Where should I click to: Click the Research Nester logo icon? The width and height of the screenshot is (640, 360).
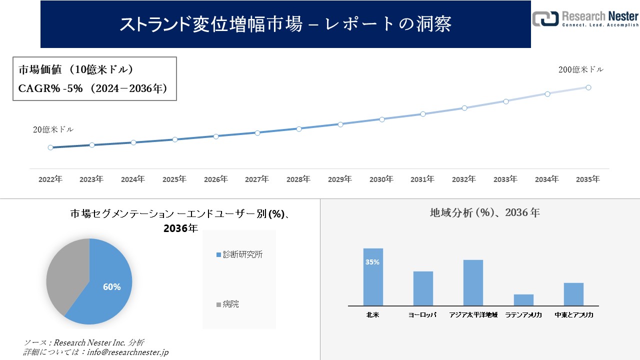tap(545, 18)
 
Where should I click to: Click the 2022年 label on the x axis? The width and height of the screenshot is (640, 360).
tap(50, 179)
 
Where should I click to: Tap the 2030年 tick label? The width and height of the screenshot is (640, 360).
tap(381, 179)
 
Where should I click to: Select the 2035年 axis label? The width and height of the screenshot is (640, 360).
tap(588, 179)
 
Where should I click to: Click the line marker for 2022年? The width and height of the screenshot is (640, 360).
tap(50, 147)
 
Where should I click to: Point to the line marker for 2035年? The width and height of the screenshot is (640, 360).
tap(588, 87)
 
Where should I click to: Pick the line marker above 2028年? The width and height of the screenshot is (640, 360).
tap(299, 128)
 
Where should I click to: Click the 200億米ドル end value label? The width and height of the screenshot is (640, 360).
tap(580, 70)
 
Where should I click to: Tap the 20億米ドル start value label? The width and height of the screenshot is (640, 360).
tap(53, 129)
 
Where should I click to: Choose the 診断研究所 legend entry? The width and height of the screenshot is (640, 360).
tap(239, 254)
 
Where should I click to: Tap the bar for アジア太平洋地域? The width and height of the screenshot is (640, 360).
tap(473, 282)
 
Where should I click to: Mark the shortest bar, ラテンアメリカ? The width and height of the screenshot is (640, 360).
tap(523, 299)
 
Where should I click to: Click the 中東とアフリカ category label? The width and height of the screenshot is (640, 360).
tap(573, 315)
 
